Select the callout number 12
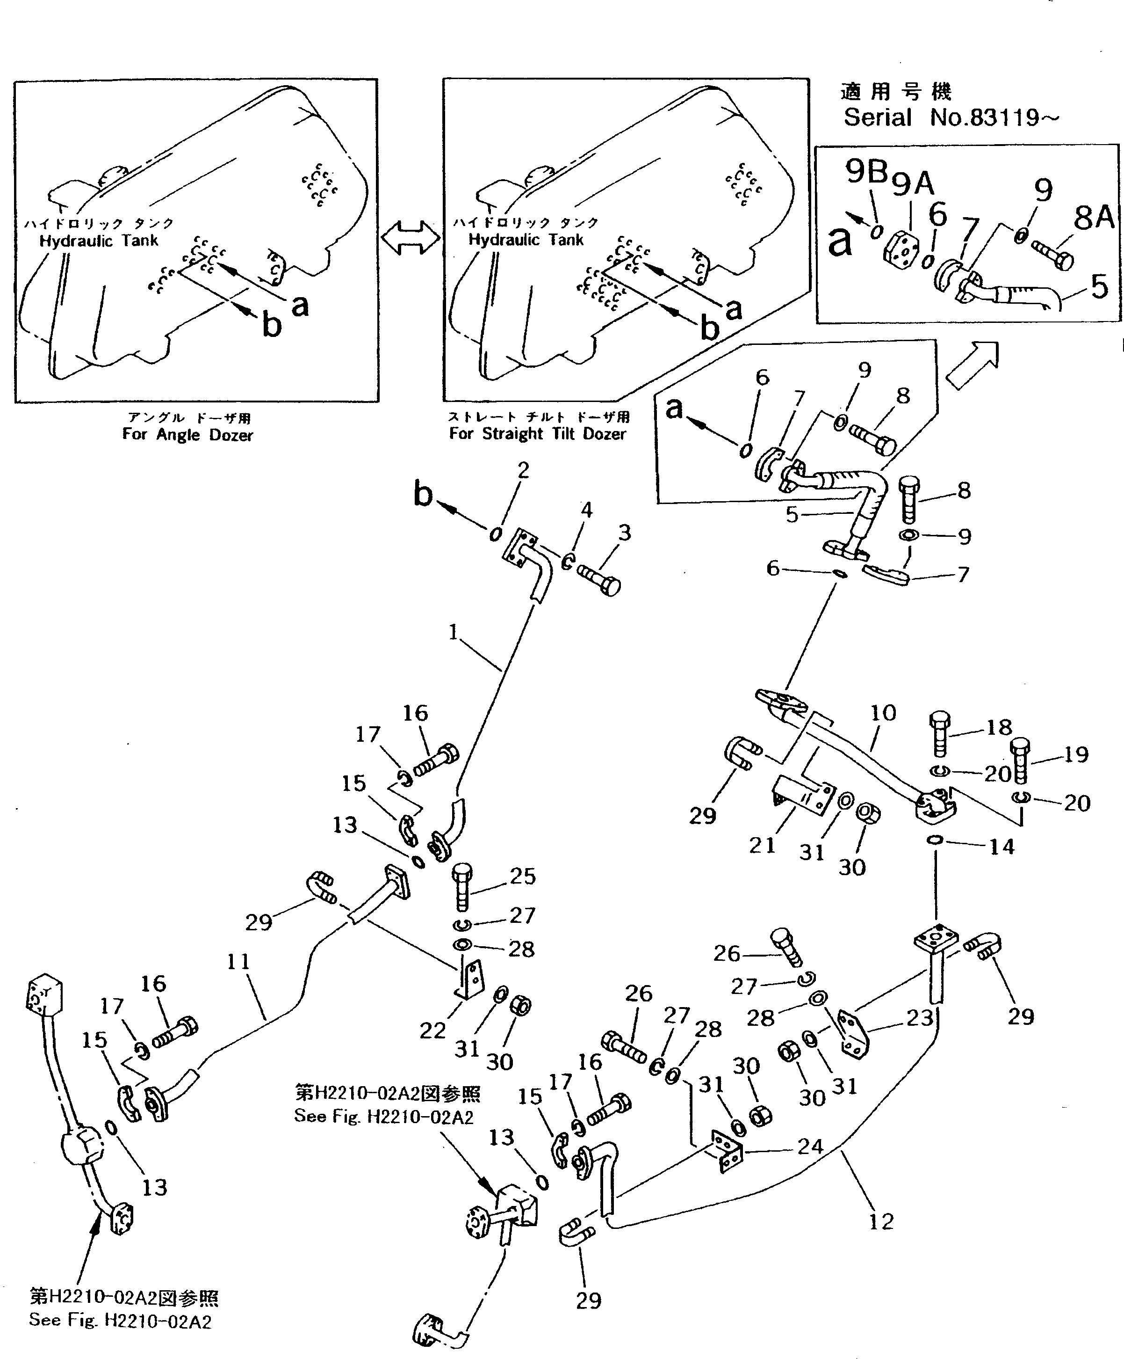tap(881, 1222)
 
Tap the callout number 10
tap(883, 713)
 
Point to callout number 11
tap(238, 962)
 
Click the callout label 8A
tap(1094, 218)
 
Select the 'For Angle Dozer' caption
tap(187, 434)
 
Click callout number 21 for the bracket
tap(762, 845)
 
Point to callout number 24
tap(810, 1147)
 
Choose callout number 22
tap(432, 1030)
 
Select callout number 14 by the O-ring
tap(1002, 847)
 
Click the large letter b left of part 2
tap(423, 495)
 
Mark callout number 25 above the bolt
tap(523, 876)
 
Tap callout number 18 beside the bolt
tap(999, 727)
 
